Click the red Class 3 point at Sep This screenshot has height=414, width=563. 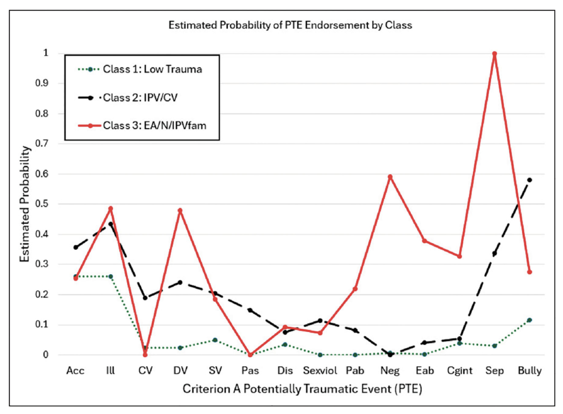[x=495, y=54]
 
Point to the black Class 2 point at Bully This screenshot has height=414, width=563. [x=529, y=180]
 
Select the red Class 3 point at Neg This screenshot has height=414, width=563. [x=390, y=177]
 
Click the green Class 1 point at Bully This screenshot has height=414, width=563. [x=529, y=320]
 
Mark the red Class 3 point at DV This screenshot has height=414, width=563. [x=180, y=210]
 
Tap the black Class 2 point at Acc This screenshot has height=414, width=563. [x=76, y=247]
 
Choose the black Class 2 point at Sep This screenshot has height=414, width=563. [x=495, y=253]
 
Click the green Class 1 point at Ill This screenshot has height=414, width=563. [x=110, y=276]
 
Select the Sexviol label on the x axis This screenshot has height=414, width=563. [x=320, y=370]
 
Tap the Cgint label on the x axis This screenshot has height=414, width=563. [x=460, y=370]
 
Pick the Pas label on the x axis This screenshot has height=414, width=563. [x=250, y=370]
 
